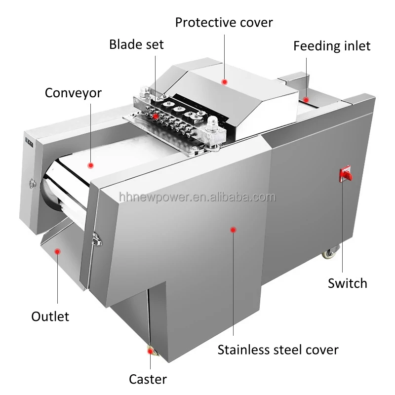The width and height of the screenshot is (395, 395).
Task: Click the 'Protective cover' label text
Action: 224,22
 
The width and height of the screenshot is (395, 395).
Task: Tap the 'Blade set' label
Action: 136,44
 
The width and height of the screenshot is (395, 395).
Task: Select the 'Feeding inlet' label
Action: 332,46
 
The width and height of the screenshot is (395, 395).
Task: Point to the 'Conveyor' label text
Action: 73,93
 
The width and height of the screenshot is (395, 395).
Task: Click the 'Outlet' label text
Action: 50,316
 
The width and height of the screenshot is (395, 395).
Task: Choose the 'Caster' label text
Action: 148,379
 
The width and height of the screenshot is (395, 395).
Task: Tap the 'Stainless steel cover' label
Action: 278,350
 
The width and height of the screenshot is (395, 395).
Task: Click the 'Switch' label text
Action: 348,283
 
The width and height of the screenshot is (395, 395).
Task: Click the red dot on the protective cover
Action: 224,81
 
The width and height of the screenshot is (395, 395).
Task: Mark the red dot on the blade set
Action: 156,116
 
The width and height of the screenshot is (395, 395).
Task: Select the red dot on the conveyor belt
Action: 91,165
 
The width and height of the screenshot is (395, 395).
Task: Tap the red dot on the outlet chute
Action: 58,251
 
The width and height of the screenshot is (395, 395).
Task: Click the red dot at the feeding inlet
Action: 306,100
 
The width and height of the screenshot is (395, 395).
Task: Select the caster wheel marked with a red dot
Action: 150,351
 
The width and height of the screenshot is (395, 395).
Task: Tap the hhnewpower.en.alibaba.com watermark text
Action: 197,197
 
